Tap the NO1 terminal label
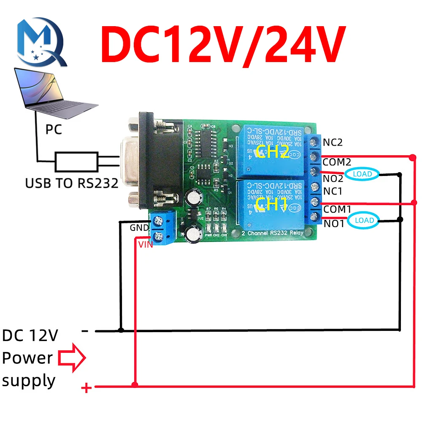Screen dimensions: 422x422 333,224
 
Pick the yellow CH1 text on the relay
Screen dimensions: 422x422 272,206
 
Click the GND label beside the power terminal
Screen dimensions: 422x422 139,228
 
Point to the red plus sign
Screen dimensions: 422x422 86,388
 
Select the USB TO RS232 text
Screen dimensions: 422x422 71,184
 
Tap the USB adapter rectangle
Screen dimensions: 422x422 76,161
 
